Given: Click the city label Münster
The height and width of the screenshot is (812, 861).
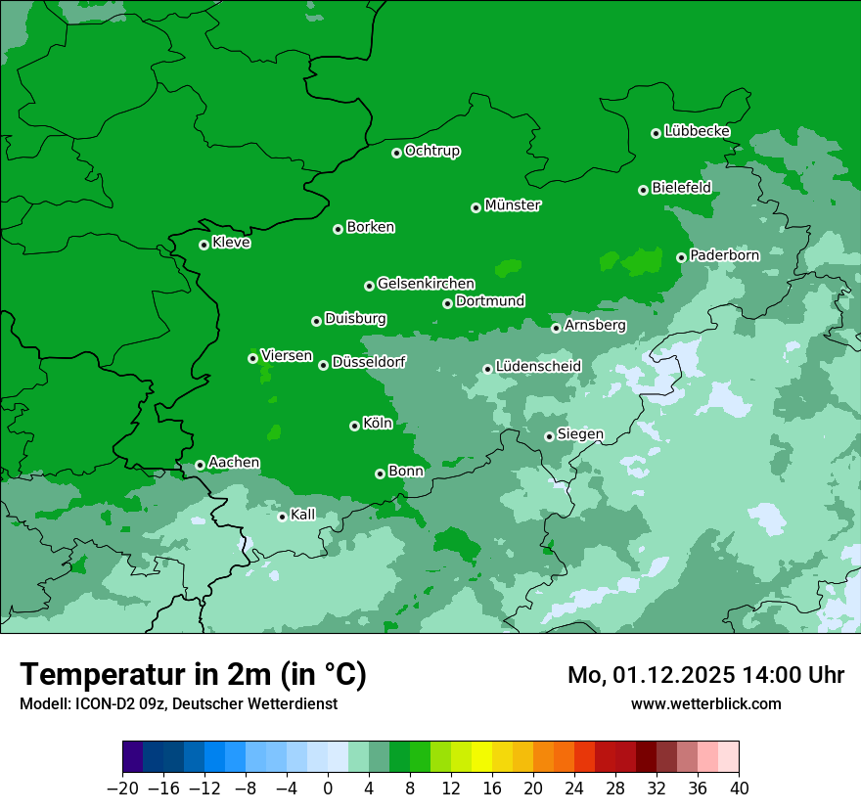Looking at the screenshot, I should (x=513, y=205).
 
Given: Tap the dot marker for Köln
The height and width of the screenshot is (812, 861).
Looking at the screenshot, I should (x=354, y=426).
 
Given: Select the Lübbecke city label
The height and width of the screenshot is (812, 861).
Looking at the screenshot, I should (x=697, y=131).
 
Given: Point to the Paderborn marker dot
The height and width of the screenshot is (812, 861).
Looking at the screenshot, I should (x=681, y=257).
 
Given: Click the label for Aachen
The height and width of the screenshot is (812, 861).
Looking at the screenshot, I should (x=234, y=463).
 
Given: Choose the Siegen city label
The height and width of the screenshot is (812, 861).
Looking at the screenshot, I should (x=580, y=434).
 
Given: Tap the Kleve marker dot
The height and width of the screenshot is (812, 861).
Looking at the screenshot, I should (x=204, y=245).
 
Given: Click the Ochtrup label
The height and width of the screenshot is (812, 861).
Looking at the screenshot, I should (x=432, y=151).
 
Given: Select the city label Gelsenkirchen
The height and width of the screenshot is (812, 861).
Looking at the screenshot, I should (x=426, y=284).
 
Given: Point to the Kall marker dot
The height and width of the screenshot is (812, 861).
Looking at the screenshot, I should (x=282, y=517).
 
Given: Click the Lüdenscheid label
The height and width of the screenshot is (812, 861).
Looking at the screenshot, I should (x=538, y=367).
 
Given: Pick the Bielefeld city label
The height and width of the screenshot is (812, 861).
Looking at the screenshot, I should (x=681, y=188).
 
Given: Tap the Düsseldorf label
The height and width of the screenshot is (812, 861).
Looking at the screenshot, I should (x=369, y=362).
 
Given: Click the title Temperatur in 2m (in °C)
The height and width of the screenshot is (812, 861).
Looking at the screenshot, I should (x=193, y=674).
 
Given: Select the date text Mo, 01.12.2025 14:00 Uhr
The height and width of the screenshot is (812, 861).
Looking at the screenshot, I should (x=705, y=675).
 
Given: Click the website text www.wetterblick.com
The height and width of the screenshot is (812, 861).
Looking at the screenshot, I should (x=705, y=703).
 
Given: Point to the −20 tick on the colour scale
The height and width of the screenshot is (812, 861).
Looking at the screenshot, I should (x=122, y=789).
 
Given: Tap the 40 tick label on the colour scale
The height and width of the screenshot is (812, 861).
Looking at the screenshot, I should (x=739, y=789).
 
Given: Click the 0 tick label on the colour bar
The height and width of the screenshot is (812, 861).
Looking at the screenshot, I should (x=328, y=789).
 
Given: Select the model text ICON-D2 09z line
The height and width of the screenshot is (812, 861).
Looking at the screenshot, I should (x=178, y=703).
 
